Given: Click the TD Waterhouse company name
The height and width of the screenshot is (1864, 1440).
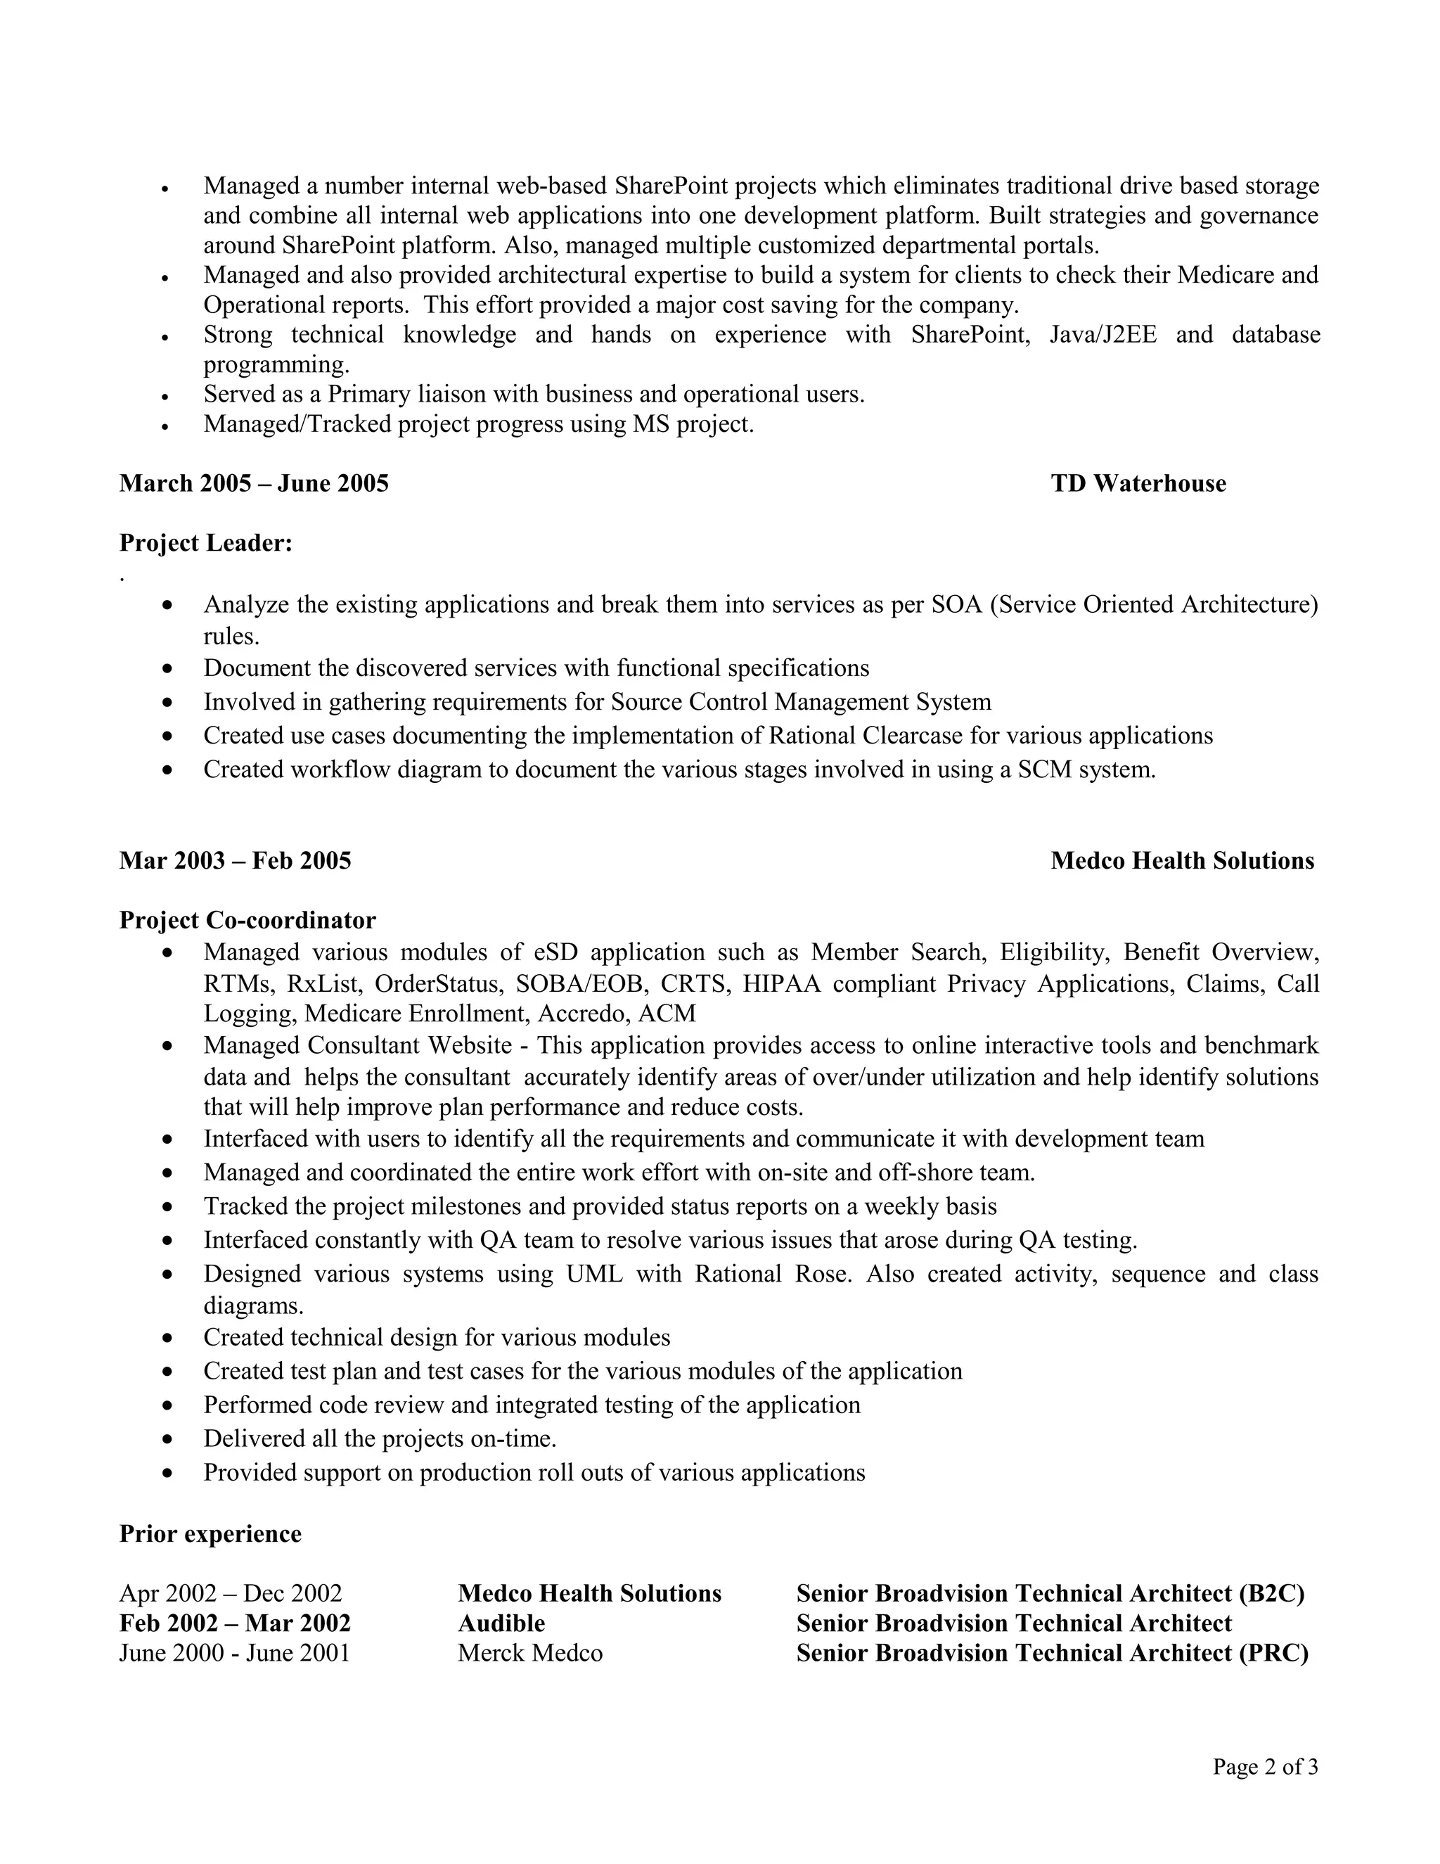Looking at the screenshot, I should click(x=1138, y=484).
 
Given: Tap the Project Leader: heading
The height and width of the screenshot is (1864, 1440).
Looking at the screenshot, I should click(x=205, y=544).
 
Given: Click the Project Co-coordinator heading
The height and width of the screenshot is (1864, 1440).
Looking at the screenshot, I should click(x=247, y=920).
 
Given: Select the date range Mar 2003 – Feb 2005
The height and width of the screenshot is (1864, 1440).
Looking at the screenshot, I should click(x=235, y=860).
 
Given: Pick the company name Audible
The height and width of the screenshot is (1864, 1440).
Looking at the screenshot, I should click(x=501, y=1623).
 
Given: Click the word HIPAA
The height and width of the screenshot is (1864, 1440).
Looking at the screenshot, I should click(x=780, y=984).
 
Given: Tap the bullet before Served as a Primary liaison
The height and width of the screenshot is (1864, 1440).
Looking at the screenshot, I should click(x=165, y=397).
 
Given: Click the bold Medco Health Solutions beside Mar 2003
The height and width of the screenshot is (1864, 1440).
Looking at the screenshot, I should click(x=1181, y=860).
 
